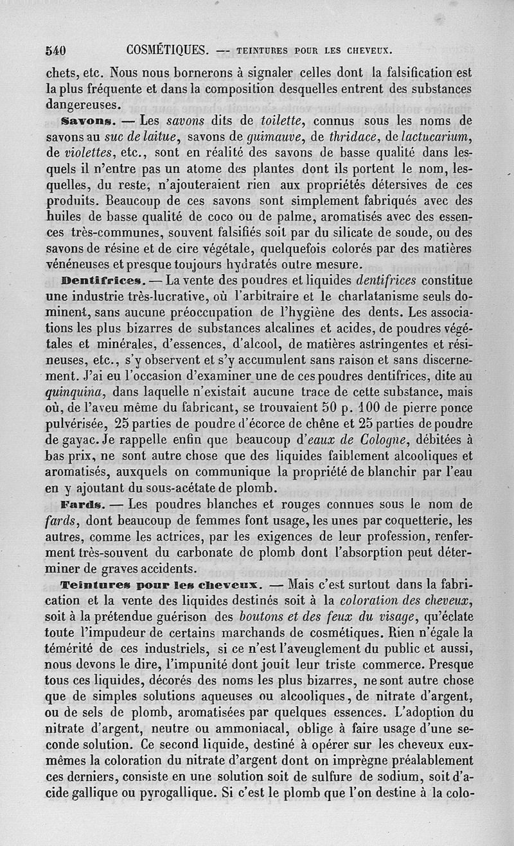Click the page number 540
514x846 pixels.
tap(57, 49)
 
